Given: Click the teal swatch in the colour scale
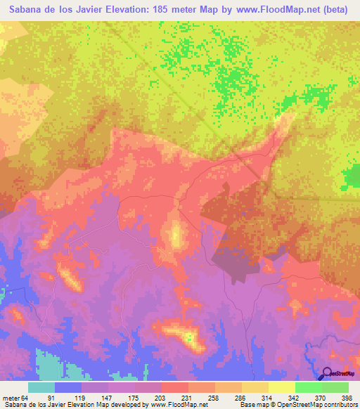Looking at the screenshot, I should (41, 387).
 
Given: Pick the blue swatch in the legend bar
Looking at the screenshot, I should (68, 387).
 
